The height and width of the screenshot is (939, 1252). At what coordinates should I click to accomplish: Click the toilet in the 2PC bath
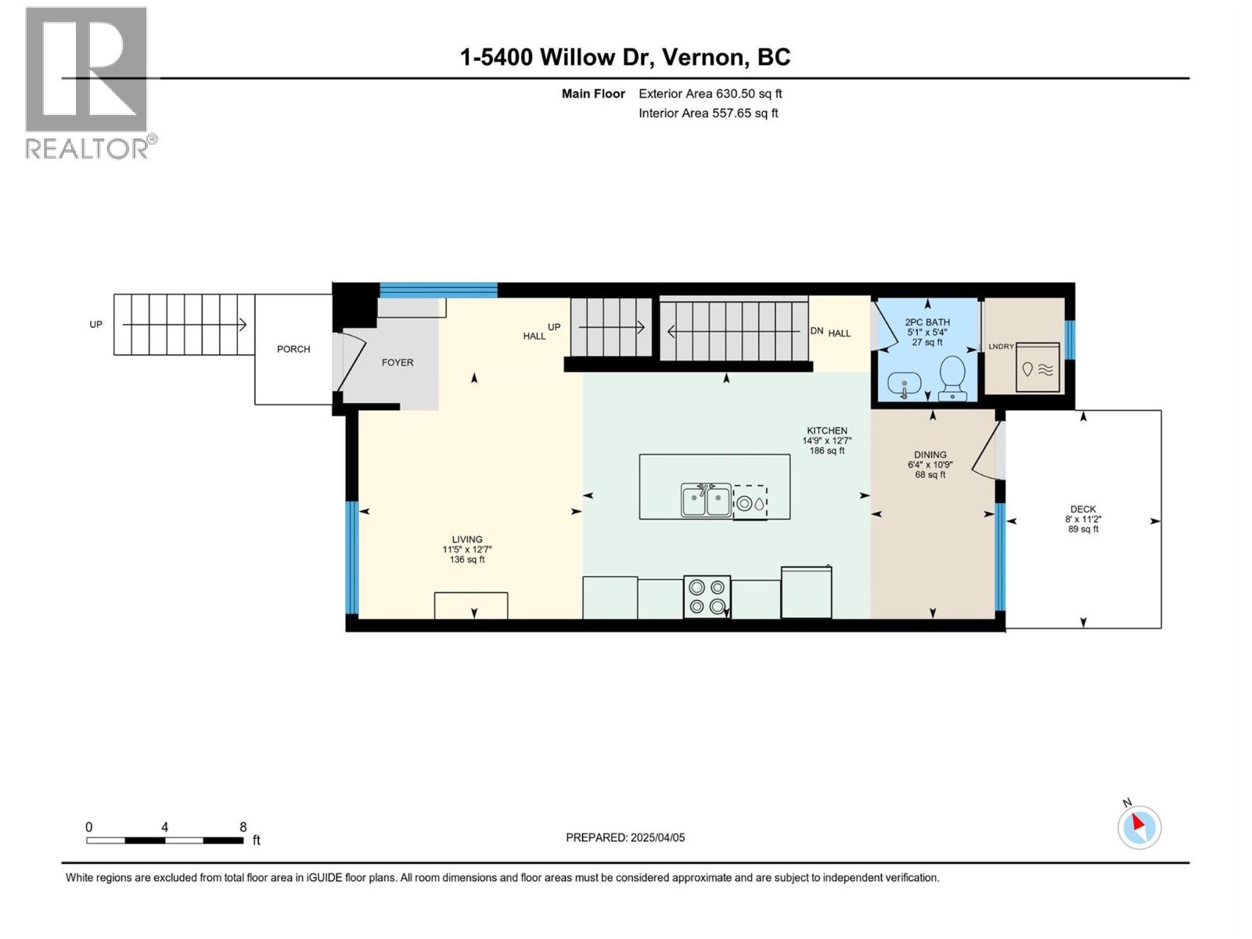952,377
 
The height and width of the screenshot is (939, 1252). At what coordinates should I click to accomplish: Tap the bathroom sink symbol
904,386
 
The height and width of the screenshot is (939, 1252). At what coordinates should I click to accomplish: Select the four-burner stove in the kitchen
707,596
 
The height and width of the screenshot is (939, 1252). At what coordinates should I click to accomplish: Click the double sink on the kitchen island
706,500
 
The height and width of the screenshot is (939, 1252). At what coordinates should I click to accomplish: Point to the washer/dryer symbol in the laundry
1038,367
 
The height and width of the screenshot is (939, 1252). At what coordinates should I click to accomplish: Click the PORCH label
293,349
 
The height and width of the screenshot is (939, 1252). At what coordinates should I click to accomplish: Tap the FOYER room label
397,362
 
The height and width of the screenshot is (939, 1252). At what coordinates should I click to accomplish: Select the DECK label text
1082,509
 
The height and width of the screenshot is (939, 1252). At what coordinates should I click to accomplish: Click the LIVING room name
466,539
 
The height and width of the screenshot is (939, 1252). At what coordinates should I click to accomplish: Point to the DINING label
930,455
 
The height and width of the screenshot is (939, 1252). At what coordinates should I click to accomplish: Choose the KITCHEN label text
826,430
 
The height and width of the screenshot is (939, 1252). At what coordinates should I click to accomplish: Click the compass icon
1139,826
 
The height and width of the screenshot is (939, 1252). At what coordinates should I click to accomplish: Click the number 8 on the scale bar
243,826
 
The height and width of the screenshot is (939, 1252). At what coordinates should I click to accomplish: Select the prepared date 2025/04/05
657,837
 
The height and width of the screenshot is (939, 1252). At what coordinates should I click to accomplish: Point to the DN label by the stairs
817,331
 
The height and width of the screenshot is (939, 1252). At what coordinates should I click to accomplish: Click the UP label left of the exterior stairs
95,325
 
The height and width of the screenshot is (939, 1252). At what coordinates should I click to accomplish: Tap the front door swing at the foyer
350,362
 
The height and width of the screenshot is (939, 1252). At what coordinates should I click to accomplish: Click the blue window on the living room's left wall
352,558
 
